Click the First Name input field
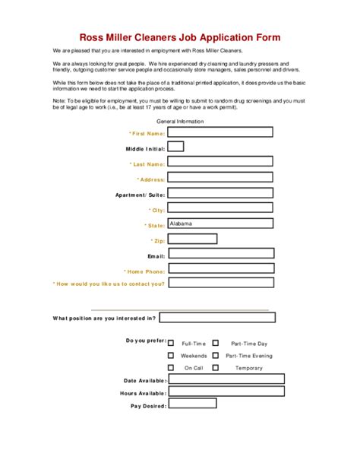point(219,132)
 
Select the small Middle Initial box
point(175,147)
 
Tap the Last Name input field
point(219,162)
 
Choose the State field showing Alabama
point(219,224)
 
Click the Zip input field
point(192,239)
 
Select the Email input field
point(219,255)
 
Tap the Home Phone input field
point(219,269)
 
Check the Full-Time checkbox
point(171,343)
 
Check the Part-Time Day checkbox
point(216,343)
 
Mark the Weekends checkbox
point(171,355)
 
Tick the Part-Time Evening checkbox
point(216,355)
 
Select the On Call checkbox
point(171,367)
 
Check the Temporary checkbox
point(216,367)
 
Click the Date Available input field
point(226,379)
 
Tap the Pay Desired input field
point(226,406)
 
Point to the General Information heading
point(179,121)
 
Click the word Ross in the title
point(94,36)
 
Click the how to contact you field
point(219,284)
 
